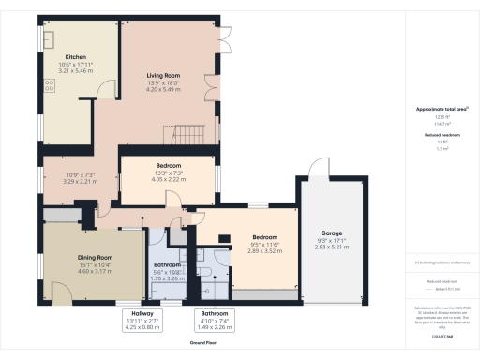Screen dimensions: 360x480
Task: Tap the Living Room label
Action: click(163, 75)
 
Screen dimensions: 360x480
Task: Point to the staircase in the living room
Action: click(188, 132)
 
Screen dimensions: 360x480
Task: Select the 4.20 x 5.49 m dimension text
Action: click(163, 89)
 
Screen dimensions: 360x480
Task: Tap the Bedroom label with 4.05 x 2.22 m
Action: click(169, 166)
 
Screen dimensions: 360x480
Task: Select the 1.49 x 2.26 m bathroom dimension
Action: click(210, 327)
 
